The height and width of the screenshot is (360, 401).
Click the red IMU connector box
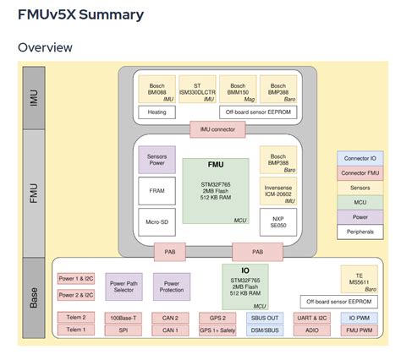point(217,129)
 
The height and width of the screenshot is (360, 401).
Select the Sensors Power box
point(157,161)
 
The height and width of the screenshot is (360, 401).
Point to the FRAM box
point(157,191)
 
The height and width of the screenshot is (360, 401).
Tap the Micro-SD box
point(157,221)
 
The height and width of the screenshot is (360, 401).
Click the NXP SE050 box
point(277,221)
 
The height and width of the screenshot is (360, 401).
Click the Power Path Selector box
point(124,287)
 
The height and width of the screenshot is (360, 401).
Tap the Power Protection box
point(172,287)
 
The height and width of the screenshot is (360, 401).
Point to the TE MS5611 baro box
point(357,280)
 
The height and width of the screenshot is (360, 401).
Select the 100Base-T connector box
point(124,317)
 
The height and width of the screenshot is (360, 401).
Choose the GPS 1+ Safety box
point(218,330)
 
